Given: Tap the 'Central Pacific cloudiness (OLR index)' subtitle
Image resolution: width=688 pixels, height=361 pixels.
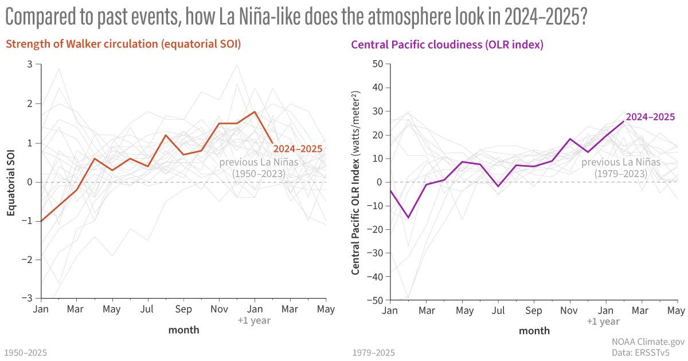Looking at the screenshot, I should point(447,45).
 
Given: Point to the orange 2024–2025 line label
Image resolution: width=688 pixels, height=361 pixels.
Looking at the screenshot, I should point(299,149).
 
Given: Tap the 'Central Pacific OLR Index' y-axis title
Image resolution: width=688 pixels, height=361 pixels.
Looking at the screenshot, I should point(355,182).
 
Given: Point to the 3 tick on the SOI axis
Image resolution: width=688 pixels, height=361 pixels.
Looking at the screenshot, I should point(30,64).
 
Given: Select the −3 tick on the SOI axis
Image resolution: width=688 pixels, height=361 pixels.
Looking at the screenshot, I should point(28,299).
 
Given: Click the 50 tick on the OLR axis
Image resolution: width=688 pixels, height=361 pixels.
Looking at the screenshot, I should point(377,64).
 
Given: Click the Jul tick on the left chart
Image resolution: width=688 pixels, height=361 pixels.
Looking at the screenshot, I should point(148,310).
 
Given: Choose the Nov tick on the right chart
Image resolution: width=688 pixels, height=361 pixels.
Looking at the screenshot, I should point(569,311).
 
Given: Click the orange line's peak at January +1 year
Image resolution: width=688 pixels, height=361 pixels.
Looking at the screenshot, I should point(255,112).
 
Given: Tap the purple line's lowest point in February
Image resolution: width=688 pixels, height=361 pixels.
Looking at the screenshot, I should point(408,218).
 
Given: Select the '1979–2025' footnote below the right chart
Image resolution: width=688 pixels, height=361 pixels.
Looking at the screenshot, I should point(374,352).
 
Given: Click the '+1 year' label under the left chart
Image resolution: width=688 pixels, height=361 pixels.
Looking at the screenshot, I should point(254,320).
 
